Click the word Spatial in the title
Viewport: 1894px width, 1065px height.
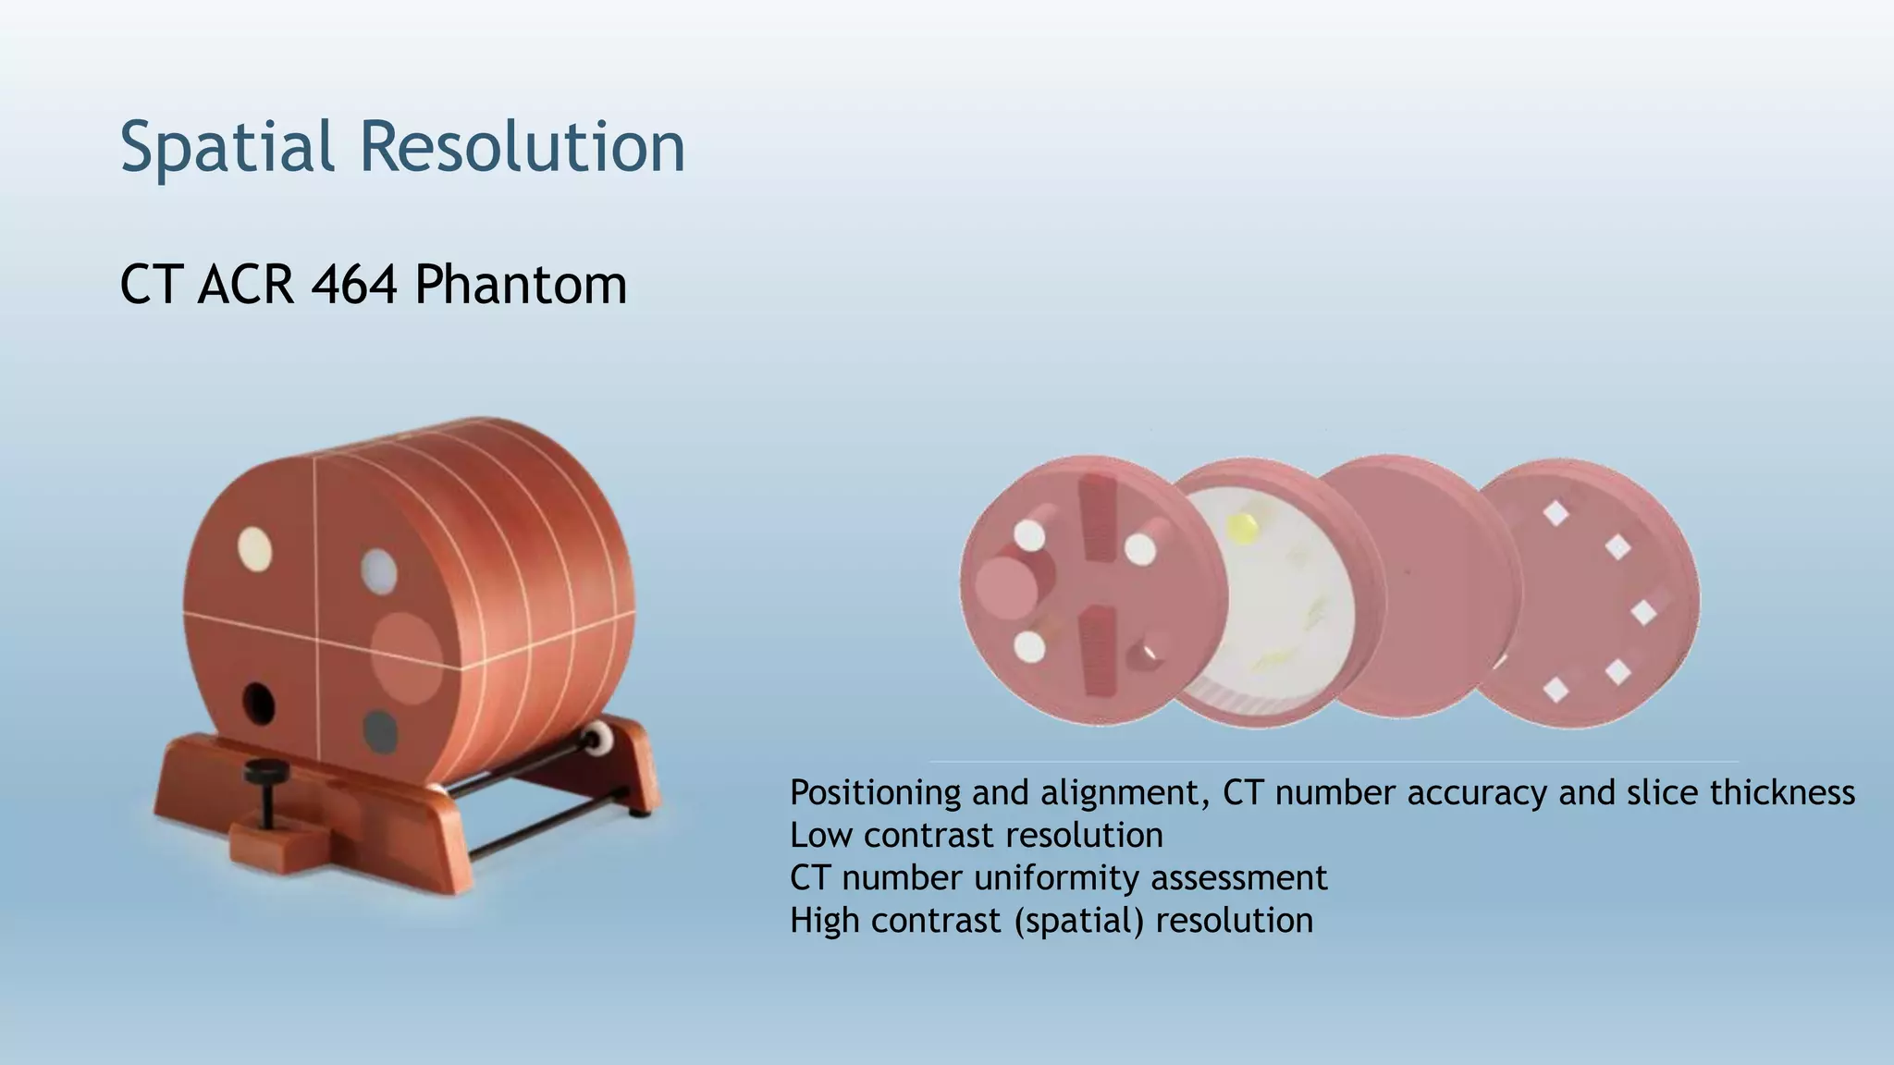pos(227,146)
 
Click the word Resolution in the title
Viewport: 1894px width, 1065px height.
pos(523,146)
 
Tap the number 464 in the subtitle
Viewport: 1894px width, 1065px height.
pos(354,284)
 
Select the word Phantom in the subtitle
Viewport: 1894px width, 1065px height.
pos(521,284)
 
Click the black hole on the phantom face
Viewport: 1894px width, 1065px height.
pos(259,704)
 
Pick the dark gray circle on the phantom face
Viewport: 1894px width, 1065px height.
pos(379,730)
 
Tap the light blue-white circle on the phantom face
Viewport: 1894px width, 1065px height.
pos(379,570)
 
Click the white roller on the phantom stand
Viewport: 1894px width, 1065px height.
pos(599,739)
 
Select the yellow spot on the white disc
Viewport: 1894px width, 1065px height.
pos(1242,528)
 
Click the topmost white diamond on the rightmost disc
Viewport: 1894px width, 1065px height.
pos(1556,513)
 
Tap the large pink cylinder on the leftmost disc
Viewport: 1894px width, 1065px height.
pos(1004,588)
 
